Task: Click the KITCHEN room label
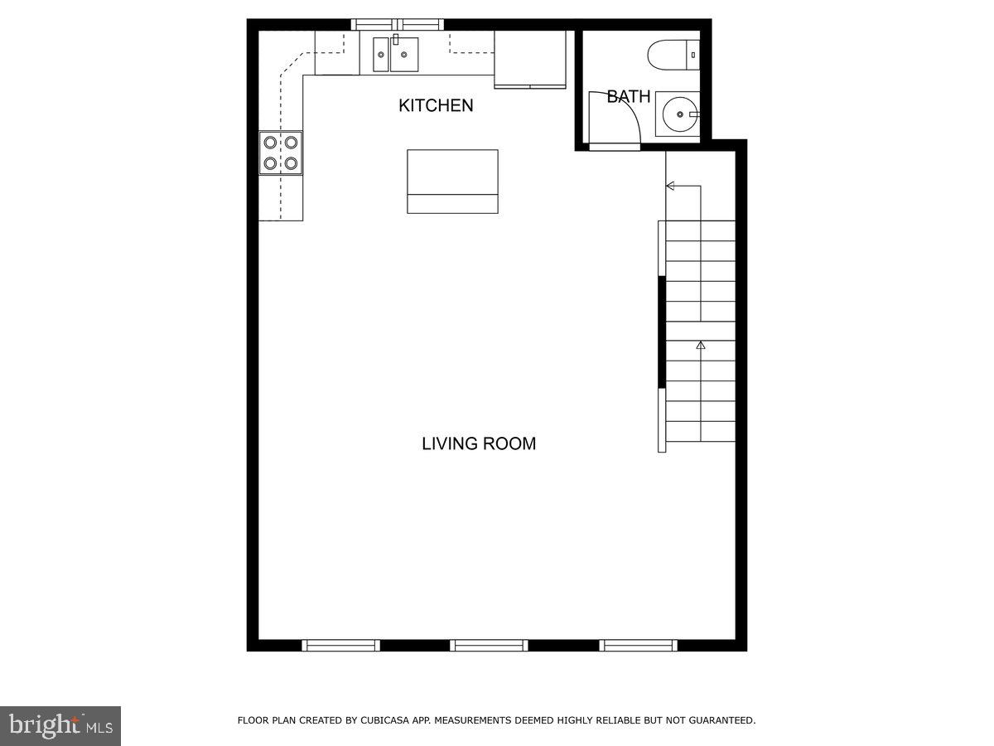(x=436, y=105)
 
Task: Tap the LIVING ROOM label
(x=479, y=443)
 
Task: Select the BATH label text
(x=629, y=97)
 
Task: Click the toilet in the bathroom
(x=673, y=55)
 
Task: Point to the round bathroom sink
(x=678, y=114)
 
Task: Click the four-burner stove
(x=281, y=153)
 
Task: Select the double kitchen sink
(x=395, y=55)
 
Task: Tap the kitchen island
(x=452, y=181)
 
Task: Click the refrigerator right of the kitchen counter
(x=530, y=59)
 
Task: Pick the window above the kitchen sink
(x=398, y=25)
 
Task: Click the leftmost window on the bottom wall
(x=340, y=645)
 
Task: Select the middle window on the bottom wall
(x=489, y=645)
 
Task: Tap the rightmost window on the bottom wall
(x=638, y=645)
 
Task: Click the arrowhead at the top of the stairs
(x=670, y=186)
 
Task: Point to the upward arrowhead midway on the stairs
(x=701, y=344)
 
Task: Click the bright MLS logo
(x=60, y=726)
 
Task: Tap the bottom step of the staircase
(x=700, y=432)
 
